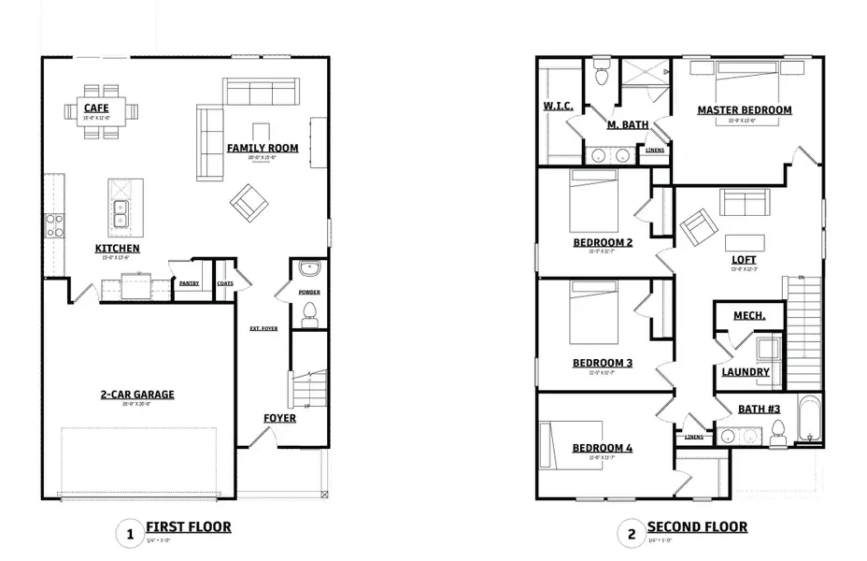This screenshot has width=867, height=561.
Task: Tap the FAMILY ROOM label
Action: click(x=263, y=148)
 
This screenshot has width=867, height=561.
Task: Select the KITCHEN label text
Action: click(x=118, y=248)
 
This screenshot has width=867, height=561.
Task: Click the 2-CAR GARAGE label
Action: click(x=137, y=395)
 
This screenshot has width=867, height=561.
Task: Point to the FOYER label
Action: click(x=278, y=418)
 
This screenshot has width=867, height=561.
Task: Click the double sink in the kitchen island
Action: click(x=120, y=214)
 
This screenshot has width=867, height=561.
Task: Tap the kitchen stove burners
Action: click(x=54, y=224)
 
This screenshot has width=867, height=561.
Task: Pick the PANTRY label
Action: click(x=190, y=283)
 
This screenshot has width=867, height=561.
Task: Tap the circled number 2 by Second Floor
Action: click(x=632, y=534)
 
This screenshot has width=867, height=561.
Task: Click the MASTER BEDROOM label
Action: click(x=745, y=109)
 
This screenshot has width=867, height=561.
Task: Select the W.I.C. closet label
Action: click(x=558, y=106)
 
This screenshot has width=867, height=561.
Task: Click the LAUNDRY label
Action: click(x=746, y=371)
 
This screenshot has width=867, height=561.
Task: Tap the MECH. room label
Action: click(x=749, y=316)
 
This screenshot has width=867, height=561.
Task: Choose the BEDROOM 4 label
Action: click(x=603, y=448)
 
